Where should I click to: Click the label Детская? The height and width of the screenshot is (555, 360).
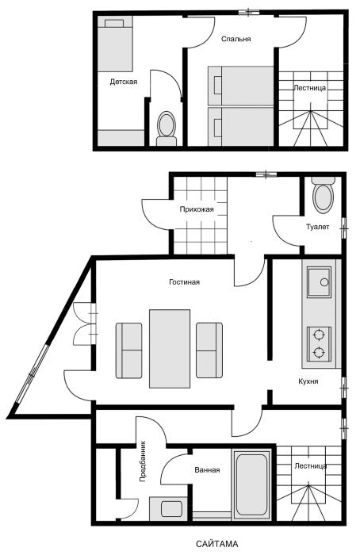point(124,82)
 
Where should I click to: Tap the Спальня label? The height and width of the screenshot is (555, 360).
point(236,39)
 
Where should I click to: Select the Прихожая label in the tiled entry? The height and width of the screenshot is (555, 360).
point(197,209)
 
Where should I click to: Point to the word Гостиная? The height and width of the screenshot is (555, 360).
point(184,282)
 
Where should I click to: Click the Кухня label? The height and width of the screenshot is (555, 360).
point(308,381)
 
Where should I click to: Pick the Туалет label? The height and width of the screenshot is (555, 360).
point(317,227)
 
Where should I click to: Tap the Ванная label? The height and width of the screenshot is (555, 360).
point(207,470)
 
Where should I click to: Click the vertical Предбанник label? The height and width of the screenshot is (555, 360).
point(143,461)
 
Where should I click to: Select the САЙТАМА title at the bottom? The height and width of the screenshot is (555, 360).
point(217,544)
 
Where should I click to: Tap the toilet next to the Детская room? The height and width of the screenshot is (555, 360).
point(167,128)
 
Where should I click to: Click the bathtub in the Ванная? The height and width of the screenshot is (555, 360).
point(251,484)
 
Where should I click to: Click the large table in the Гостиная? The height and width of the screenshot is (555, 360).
point(170,349)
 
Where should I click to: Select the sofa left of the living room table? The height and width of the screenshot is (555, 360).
point(128,350)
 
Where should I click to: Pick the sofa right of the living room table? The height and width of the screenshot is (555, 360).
point(209,350)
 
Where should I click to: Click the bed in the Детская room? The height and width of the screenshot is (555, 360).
point(115,44)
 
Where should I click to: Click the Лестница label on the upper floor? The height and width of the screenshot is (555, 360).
point(310,88)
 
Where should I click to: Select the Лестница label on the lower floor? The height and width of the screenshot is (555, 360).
point(311,466)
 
